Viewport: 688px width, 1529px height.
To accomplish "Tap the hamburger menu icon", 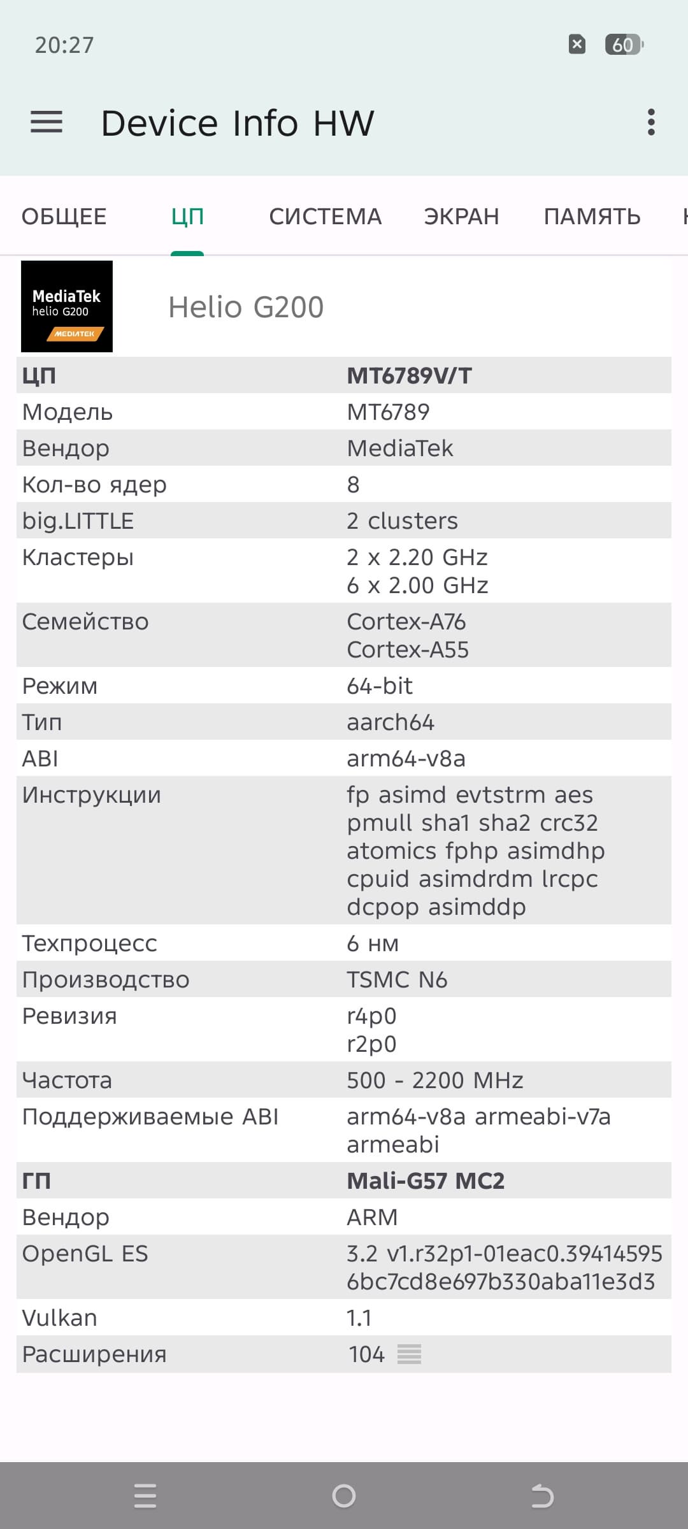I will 47,122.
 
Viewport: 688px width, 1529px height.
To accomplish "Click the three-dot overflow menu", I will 650,122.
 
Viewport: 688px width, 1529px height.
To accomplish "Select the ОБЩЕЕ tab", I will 64,217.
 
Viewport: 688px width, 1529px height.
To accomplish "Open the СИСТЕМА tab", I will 325,217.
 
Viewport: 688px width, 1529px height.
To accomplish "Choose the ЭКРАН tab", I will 461,217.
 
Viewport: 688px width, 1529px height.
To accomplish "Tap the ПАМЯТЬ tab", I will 592,217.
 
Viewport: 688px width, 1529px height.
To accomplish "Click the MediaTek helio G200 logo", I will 67,306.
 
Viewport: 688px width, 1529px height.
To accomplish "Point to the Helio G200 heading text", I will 246,307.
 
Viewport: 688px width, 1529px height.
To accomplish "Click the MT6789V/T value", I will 409,376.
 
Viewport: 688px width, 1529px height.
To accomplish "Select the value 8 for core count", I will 354,485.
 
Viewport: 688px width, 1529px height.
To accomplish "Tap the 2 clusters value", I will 402,521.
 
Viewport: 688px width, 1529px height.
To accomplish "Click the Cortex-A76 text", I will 406,622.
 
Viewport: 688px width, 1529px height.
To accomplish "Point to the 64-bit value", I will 380,686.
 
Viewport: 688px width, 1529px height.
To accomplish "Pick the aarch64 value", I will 391,722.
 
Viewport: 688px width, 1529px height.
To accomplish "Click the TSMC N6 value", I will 397,980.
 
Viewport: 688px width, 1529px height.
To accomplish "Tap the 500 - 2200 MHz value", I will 434,1080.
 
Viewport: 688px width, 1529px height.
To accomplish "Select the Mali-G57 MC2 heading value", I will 426,1181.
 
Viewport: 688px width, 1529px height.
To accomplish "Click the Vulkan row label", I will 60,1318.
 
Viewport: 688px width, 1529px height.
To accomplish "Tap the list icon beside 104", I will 409,1354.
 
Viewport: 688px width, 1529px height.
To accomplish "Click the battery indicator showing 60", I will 624,45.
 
